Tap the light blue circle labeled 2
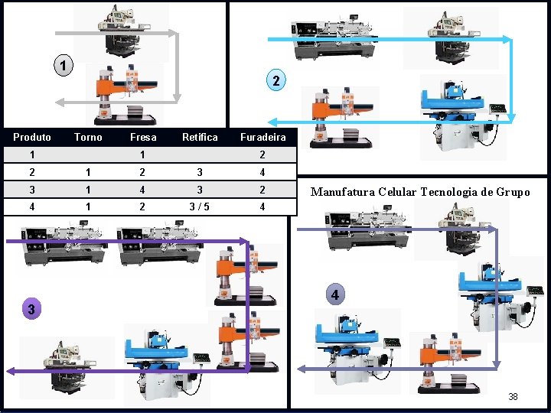(x=276, y=81)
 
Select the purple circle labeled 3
(x=30, y=309)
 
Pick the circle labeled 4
(x=334, y=294)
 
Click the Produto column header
(x=32, y=138)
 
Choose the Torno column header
(x=88, y=138)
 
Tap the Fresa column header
(x=143, y=138)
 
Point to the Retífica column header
(x=200, y=138)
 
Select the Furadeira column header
(x=262, y=138)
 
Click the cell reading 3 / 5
(x=200, y=206)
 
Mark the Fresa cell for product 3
(x=143, y=190)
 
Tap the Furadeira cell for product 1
(x=262, y=155)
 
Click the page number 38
(x=513, y=396)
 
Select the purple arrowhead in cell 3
(x=10, y=371)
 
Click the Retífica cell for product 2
(x=200, y=173)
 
